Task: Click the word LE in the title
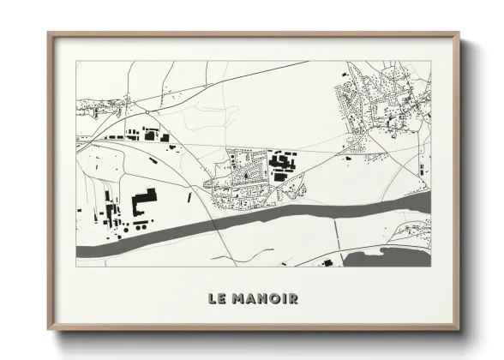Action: coord(215,299)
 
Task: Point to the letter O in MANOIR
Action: coord(274,299)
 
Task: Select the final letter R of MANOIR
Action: coord(293,299)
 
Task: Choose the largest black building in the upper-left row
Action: coord(151,135)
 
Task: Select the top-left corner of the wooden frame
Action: coord(49,33)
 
